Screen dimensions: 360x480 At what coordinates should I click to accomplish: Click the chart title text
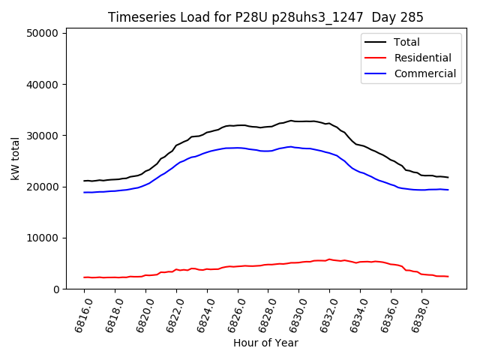tap(265, 17)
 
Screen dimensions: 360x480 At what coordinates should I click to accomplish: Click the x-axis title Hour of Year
tap(265, 343)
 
